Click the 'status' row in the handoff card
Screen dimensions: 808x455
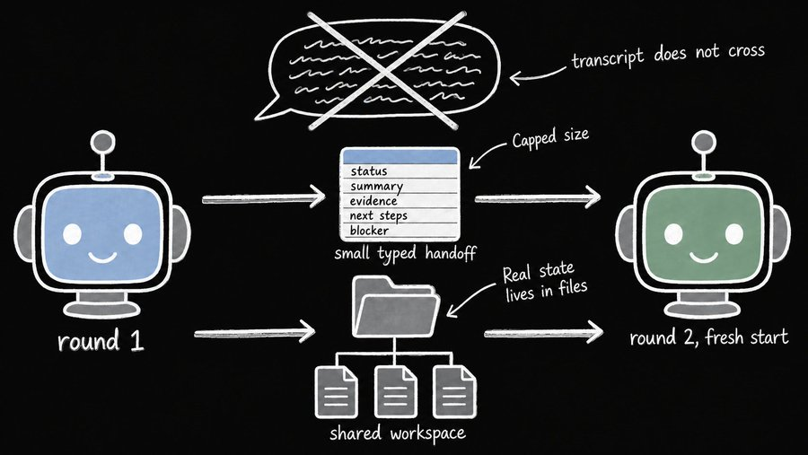pos(400,171)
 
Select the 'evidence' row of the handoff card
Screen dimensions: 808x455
pos(400,200)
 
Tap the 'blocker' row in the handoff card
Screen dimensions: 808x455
pos(400,231)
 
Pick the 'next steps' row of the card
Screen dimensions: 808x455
pos(400,215)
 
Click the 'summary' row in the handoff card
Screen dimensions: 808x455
pos(400,186)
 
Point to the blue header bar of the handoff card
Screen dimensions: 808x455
pos(400,156)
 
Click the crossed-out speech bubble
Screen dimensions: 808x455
pos(381,70)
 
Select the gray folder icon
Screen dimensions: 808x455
pos(395,307)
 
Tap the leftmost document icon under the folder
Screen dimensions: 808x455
pos(337,391)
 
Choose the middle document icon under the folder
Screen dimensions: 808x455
pos(395,391)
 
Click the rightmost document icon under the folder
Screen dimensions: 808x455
pos(454,391)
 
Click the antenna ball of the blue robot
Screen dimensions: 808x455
pos(102,142)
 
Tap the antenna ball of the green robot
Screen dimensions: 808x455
pos(703,142)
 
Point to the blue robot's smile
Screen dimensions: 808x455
pos(102,256)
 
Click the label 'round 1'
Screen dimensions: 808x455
pos(101,341)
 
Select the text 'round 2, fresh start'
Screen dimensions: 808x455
pos(709,337)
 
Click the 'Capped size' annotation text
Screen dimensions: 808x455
pos(550,137)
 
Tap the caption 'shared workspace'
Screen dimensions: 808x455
pos(398,433)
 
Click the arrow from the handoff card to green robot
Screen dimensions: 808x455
pos(538,197)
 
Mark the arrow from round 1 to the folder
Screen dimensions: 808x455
pos(255,332)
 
